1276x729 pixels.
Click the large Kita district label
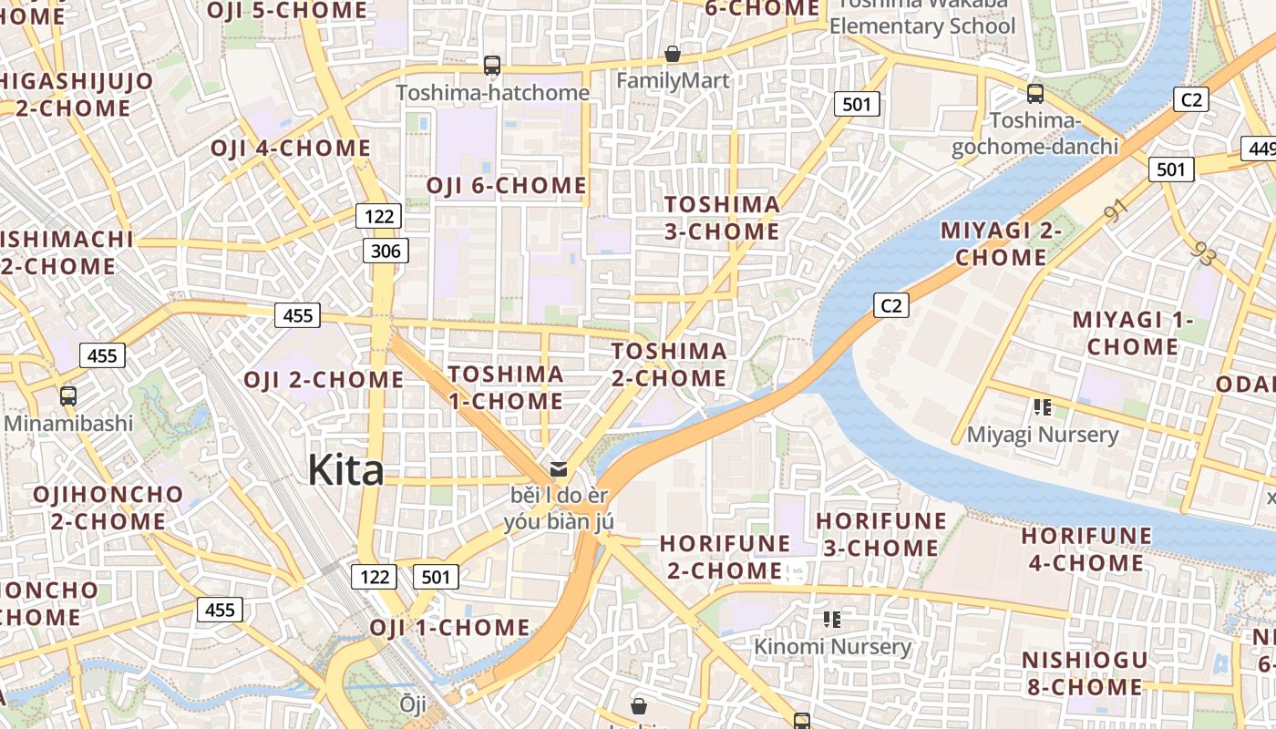point(345,470)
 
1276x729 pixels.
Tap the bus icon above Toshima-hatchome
point(492,66)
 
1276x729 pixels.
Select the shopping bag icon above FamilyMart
point(673,55)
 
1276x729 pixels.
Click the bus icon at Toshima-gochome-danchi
point(1035,93)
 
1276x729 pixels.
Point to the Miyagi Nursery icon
point(1043,407)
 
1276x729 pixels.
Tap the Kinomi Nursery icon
point(831,620)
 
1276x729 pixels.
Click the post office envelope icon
point(559,469)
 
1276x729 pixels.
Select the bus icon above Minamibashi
point(68,396)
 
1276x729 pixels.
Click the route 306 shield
point(386,251)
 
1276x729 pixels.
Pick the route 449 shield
point(1261,148)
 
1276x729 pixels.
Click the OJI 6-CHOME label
point(507,186)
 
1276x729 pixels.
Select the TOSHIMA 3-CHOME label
point(722,218)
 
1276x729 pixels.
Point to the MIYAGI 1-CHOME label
point(1132,334)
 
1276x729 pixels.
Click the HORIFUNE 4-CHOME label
point(1086,549)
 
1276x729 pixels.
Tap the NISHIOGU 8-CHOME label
point(1085,673)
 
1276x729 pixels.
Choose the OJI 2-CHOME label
point(324,380)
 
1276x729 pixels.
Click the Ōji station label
point(413,703)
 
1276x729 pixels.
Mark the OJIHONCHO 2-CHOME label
point(108,508)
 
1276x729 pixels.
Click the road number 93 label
point(1203,254)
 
